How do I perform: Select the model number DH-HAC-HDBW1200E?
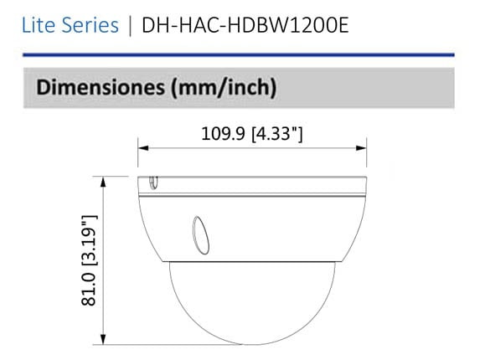coord(245,25)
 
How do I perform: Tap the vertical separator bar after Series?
coord(130,25)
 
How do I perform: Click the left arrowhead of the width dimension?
coord(143,149)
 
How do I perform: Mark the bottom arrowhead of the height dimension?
coord(103,339)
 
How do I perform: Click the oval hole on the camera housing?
coord(199,230)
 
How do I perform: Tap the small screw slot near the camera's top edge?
coord(153,182)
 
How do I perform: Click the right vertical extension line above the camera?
coord(367,159)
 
